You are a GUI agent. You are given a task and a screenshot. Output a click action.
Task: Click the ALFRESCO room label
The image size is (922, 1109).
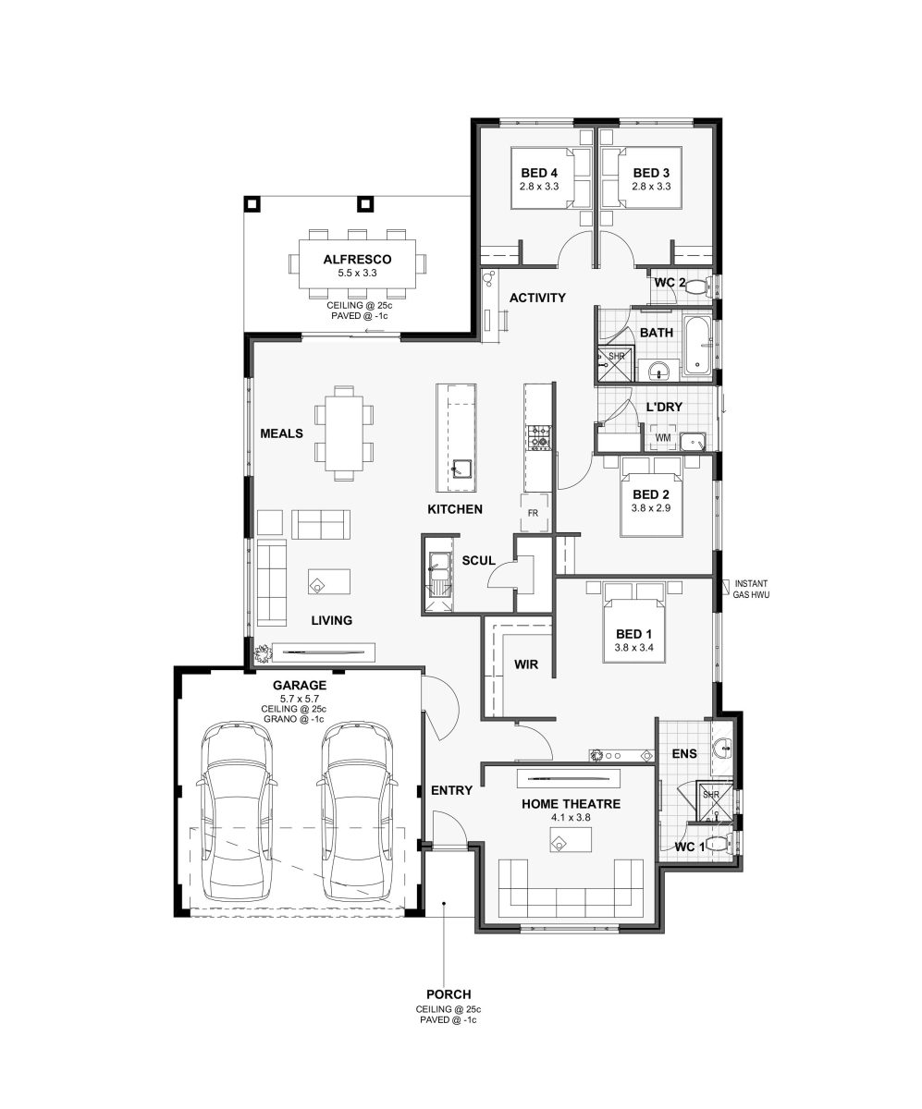(x=357, y=259)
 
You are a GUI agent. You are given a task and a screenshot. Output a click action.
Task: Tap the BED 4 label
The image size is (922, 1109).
(x=539, y=173)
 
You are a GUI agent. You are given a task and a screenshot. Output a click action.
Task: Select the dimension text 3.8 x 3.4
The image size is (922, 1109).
(x=634, y=648)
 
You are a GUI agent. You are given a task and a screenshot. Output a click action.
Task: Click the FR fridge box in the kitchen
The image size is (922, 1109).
(x=535, y=513)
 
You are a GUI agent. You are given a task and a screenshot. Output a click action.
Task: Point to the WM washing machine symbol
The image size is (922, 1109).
(x=663, y=437)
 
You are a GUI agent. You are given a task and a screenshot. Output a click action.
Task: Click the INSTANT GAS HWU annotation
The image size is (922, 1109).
(x=751, y=589)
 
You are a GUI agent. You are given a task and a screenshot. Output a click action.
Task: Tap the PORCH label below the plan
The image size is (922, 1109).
(x=449, y=993)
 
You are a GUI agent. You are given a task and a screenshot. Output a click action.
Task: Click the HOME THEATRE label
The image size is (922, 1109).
(x=571, y=804)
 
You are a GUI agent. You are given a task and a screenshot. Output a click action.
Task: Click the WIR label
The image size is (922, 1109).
(x=526, y=664)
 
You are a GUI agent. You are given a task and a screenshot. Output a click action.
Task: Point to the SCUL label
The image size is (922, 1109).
(x=478, y=560)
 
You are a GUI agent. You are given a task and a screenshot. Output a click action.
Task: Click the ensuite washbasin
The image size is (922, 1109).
(x=722, y=749)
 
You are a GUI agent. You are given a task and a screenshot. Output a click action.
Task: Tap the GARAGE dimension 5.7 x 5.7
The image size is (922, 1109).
(x=300, y=699)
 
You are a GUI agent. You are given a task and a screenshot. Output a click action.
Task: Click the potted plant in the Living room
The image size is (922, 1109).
(x=262, y=652)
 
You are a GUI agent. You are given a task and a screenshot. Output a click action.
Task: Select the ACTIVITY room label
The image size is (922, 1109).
(x=537, y=298)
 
